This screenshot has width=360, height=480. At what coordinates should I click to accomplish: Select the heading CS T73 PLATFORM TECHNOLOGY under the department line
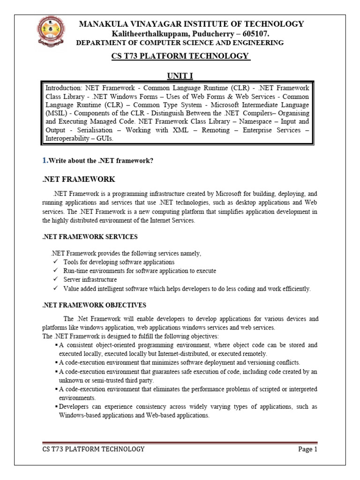click(180, 56)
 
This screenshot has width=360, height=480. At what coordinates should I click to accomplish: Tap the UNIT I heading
click(180, 76)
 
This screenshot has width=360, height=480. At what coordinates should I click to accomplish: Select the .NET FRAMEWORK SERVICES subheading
click(90, 237)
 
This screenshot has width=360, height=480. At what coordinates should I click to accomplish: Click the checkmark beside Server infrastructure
click(55, 280)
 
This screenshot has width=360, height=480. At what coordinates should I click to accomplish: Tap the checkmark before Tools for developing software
click(55, 262)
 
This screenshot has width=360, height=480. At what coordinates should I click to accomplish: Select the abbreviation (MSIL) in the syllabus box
click(55, 113)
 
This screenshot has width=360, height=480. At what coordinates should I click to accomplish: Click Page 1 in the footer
click(308, 450)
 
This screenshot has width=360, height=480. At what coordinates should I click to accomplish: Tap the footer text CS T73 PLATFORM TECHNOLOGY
click(93, 450)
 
